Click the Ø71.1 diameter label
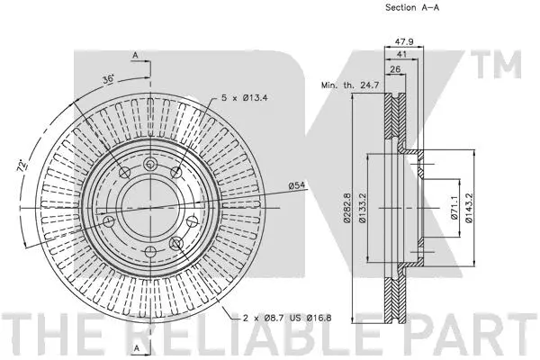pyautogui.click(x=455, y=209)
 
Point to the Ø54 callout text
pyautogui.click(x=299, y=186)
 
